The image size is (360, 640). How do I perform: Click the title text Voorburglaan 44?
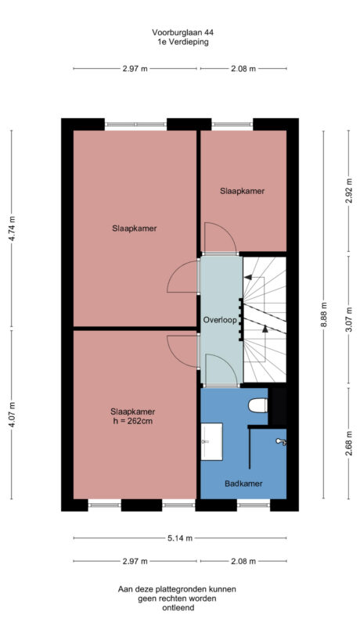click(182, 32)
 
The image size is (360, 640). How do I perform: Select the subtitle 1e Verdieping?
click(182, 42)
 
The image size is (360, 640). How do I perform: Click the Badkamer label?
click(243, 484)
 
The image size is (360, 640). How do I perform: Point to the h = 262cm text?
click(132, 422)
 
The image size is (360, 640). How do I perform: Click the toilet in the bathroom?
click(257, 406)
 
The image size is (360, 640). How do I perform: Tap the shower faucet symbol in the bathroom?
click(280, 443)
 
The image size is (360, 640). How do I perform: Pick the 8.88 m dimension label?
click(324, 315)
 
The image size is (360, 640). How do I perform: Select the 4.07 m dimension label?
click(12, 415)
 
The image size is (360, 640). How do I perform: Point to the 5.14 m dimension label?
click(179, 538)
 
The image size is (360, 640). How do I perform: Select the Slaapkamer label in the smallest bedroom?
click(242, 191)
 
